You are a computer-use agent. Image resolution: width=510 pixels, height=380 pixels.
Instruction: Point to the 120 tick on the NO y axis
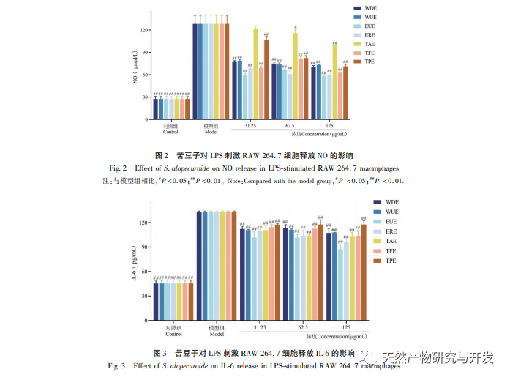click(143, 31)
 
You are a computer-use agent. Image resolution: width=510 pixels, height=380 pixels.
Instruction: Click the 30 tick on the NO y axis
click(145, 98)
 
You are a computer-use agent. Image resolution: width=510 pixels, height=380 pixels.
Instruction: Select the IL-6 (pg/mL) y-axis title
click(134, 268)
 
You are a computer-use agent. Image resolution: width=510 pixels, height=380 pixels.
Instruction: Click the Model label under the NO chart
click(211, 132)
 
